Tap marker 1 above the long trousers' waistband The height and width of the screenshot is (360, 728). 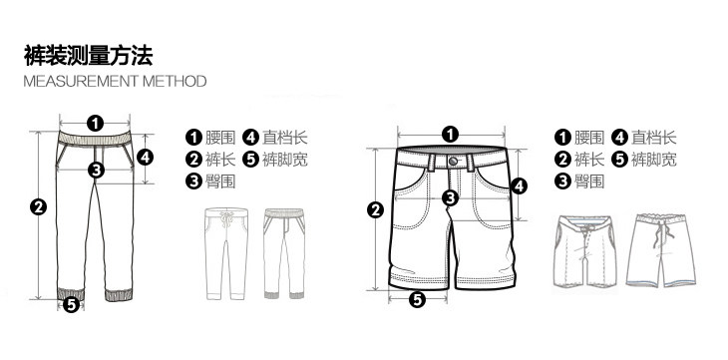coord(95,123)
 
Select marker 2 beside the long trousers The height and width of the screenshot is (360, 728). coord(39,207)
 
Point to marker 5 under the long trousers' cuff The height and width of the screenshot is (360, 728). coord(71,304)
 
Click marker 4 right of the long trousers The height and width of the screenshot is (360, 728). coord(145,157)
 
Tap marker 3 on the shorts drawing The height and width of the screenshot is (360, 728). coord(450,197)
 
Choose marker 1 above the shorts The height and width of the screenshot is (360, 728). coord(450,134)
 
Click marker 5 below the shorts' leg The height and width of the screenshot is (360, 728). coord(417,298)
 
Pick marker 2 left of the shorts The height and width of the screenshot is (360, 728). coord(376,209)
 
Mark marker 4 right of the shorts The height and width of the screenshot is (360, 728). coord(519,185)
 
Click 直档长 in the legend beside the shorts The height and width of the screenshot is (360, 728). coord(654,138)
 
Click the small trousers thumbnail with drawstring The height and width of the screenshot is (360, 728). coord(224,253)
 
